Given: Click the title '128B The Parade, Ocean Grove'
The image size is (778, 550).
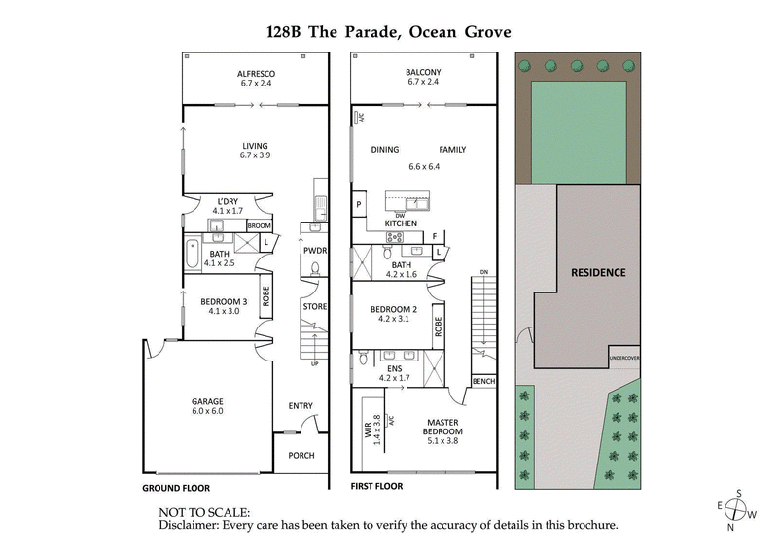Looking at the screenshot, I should tap(388, 31).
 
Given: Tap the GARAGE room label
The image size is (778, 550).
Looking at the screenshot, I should tap(207, 401).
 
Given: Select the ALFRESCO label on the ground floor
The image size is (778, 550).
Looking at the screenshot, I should tap(257, 74).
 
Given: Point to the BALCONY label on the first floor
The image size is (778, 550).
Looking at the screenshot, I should tap(423, 72).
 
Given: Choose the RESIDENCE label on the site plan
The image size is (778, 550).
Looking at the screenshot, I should tap(597, 272).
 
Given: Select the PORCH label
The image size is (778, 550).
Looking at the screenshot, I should tap(301, 455).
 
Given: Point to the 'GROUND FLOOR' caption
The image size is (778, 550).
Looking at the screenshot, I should tap(176, 488).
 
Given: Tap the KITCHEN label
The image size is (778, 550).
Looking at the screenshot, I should tap(401, 223).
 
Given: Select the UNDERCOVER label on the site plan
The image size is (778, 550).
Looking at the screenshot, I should tap(623, 358).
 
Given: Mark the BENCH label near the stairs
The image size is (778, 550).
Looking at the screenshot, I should tap(483, 382).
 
